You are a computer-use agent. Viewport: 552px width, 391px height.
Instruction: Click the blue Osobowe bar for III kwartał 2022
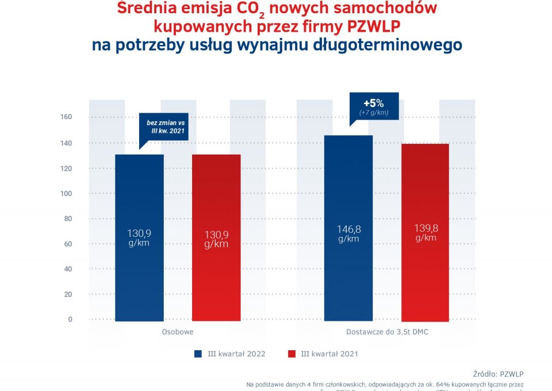coord(139,237)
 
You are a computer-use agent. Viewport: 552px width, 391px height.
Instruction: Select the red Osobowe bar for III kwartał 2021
coord(216,237)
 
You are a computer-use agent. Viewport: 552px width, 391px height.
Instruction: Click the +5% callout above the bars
coord(373,103)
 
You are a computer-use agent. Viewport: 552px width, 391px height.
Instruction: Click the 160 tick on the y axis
coord(66,117)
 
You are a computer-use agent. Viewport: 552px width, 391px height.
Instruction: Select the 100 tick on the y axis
coord(66,193)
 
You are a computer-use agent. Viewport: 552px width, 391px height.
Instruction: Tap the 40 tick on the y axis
coord(68,269)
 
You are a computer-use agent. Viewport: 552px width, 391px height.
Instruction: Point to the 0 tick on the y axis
coord(70,319)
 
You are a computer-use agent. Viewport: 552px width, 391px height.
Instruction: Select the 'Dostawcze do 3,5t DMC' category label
coord(387,332)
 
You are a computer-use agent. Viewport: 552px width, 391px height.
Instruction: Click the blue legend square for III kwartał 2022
coord(198,354)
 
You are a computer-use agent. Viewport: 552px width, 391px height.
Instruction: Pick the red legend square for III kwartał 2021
coord(291,354)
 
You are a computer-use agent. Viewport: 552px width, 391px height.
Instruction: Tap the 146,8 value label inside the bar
coord(348,229)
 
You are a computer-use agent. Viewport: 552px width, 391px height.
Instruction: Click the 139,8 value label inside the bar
coord(425,228)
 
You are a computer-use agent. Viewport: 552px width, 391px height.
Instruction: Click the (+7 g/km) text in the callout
coord(374,113)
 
